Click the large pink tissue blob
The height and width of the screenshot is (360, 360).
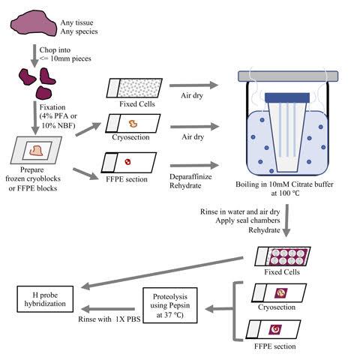pyautogui.click(x=34, y=25)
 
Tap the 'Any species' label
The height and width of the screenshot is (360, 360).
pyautogui.click(x=79, y=31)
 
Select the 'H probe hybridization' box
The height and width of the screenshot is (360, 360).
pyautogui.click(x=45, y=299)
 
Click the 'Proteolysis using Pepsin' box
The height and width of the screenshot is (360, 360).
pyautogui.click(x=170, y=305)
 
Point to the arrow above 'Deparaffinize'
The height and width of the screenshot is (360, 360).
pyautogui.click(x=194, y=165)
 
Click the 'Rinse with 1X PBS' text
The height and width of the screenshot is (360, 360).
pyautogui.click(x=109, y=319)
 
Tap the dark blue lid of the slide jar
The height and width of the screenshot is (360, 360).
pyautogui.click(x=287, y=97)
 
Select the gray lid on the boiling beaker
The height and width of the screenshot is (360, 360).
pyautogui.click(x=288, y=76)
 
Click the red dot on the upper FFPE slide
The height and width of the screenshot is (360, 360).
pyautogui.click(x=128, y=162)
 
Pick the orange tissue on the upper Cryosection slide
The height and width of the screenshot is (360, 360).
pyautogui.click(x=133, y=124)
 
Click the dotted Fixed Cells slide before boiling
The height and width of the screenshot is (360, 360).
pyautogui.click(x=134, y=88)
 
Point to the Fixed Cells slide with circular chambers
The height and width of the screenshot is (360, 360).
pyautogui.click(x=283, y=256)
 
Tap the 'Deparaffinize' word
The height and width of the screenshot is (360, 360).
pyautogui.click(x=190, y=177)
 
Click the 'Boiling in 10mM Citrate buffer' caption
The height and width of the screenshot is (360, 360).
pyautogui.click(x=284, y=184)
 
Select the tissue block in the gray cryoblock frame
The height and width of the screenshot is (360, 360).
pyautogui.click(x=36, y=151)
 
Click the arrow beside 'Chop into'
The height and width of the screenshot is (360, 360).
pyautogui.click(x=34, y=55)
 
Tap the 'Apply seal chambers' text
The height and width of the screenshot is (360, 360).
pyautogui.click(x=247, y=220)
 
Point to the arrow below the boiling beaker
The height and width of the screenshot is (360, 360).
pyautogui.click(x=286, y=220)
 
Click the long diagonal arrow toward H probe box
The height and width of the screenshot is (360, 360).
pyautogui.click(x=162, y=273)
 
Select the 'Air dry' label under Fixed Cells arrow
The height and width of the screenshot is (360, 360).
pyautogui.click(x=192, y=95)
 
